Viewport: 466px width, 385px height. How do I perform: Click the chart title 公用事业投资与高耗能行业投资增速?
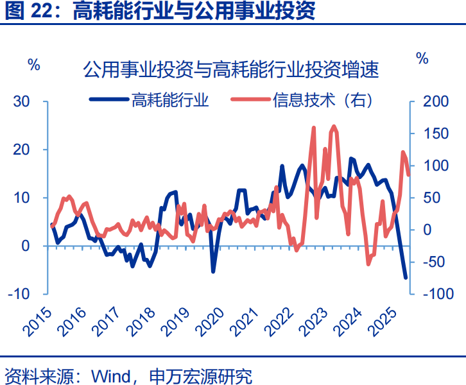(231, 69)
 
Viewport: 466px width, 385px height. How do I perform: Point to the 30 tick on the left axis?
(22, 101)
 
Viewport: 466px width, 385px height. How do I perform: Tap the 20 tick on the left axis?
(22, 150)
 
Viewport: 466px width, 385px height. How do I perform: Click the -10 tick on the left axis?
(19, 293)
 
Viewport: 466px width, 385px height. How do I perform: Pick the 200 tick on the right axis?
(431, 101)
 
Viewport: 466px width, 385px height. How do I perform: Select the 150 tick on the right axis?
(431, 133)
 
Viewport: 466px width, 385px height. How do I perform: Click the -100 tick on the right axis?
(433, 293)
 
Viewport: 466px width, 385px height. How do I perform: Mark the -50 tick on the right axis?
(431, 261)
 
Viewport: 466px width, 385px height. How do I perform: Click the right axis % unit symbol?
(422, 58)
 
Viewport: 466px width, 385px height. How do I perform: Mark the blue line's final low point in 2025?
(406, 278)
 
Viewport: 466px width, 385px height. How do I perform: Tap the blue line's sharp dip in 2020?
(212, 271)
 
